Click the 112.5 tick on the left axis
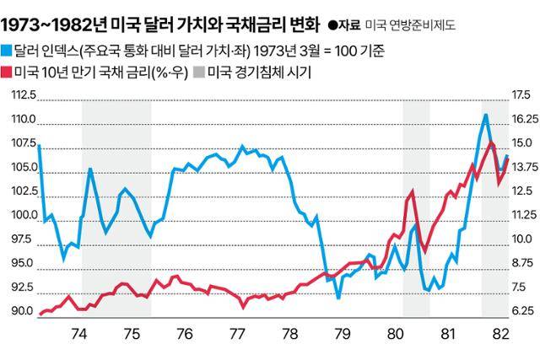pos(24,94)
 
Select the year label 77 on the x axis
pos(237,332)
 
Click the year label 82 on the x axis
pos(500,332)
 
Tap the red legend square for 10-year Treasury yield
pos(7,73)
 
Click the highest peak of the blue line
pos(486,114)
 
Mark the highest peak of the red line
pos(491,142)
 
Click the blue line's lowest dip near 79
pos(337,298)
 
